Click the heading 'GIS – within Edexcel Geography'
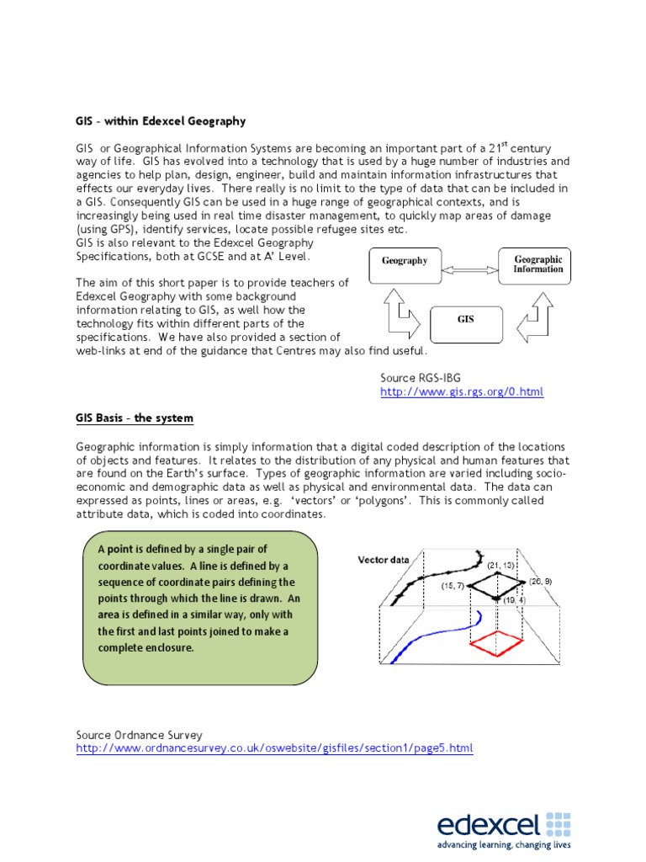coord(161,121)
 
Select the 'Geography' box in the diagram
coord(405,261)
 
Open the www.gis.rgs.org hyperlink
coord(462,392)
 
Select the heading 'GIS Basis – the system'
coord(135,418)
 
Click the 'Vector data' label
coord(384,559)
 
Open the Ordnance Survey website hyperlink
coord(274,748)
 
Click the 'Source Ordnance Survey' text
coord(139,735)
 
